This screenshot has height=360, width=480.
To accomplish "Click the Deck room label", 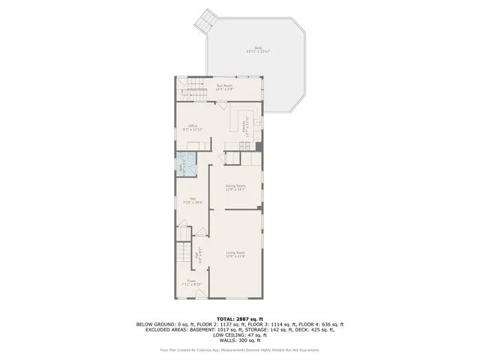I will click(x=259, y=49).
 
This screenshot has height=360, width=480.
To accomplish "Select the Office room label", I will click(x=193, y=127).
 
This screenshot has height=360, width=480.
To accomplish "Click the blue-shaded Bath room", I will click(x=182, y=164).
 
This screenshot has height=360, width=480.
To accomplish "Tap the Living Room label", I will click(x=235, y=255).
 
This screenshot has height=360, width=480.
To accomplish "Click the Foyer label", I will click(x=191, y=283).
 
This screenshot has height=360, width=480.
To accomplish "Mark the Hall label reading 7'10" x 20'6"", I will click(x=192, y=201).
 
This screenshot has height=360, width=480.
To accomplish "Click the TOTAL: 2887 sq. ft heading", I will click(x=239, y=319).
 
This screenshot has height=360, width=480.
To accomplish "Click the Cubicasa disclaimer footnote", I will click(x=239, y=349).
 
